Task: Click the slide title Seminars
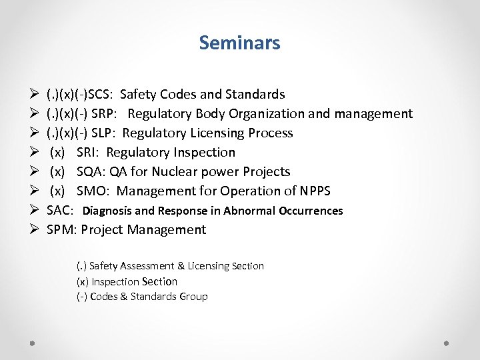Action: pyautogui.click(x=239, y=43)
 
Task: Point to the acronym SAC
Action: pyautogui.click(x=59, y=211)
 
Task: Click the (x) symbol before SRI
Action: pyautogui.click(x=57, y=153)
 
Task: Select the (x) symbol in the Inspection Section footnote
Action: pyautogui.click(x=83, y=281)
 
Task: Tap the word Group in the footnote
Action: pyautogui.click(x=193, y=297)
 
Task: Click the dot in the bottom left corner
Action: pyautogui.click(x=32, y=342)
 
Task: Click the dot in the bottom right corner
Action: pyautogui.click(x=447, y=342)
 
